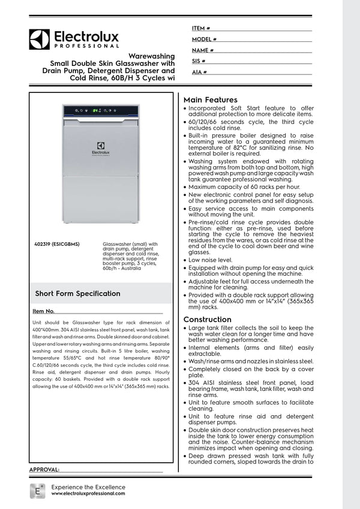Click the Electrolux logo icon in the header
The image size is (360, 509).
tap(40, 40)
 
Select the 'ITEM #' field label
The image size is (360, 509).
tap(201, 28)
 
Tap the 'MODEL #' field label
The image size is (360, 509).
tap(204, 39)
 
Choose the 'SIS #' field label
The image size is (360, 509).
tap(199, 61)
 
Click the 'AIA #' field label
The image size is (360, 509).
tap(199, 72)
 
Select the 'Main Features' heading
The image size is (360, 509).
tap(210, 100)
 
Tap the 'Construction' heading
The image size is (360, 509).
tap(207, 320)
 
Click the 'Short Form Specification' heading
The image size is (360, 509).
tap(77, 294)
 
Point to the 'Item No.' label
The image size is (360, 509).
tap(44, 312)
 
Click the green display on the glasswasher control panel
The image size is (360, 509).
tap(95, 110)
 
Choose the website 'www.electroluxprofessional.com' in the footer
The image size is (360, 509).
tap(88, 493)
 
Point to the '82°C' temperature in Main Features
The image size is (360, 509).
tap(256, 147)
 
